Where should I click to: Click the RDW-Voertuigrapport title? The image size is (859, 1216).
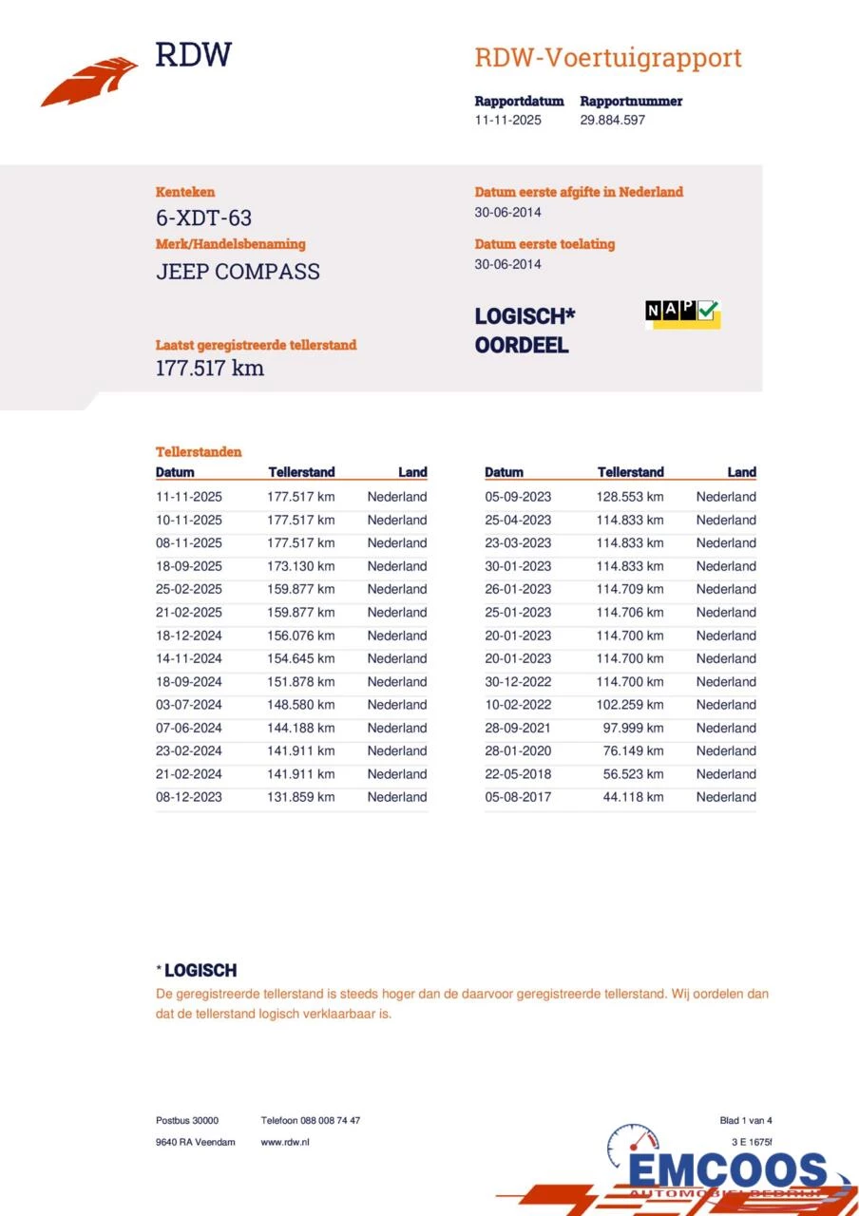(x=608, y=58)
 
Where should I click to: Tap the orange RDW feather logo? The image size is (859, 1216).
(x=89, y=82)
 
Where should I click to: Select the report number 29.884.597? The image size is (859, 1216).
(x=613, y=121)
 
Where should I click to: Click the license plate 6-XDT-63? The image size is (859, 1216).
(x=203, y=218)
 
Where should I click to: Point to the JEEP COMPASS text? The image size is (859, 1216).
(x=238, y=272)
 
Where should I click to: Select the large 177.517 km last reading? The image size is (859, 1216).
(x=210, y=369)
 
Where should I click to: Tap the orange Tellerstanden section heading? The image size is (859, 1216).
(x=199, y=452)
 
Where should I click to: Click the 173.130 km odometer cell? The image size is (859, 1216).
(x=300, y=566)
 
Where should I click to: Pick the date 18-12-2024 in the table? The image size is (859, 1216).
(x=189, y=636)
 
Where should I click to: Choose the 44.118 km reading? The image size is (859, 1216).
(x=633, y=797)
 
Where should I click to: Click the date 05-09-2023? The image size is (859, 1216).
(x=518, y=497)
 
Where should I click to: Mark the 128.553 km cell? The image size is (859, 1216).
(x=630, y=497)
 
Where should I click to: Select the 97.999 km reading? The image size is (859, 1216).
(x=633, y=728)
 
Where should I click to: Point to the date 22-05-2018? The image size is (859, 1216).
(x=518, y=774)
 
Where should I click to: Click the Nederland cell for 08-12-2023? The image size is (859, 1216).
(x=397, y=797)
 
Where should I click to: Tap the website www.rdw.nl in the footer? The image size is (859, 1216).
(x=285, y=1142)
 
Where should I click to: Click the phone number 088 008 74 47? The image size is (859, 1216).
(x=311, y=1121)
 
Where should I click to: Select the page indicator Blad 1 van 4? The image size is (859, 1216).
(x=746, y=1121)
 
